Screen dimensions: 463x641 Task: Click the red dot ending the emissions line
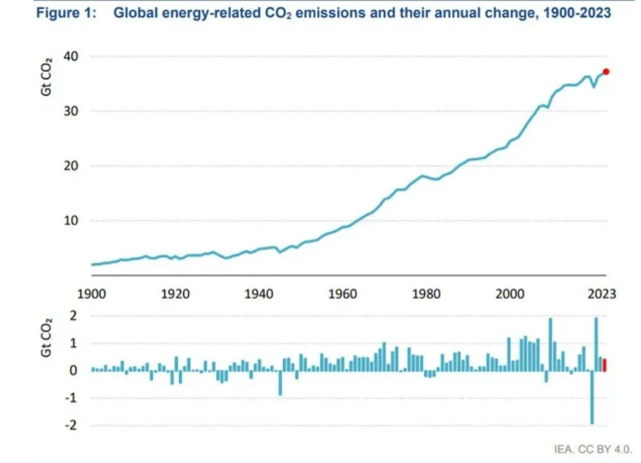point(606,72)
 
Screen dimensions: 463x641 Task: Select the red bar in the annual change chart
point(604,365)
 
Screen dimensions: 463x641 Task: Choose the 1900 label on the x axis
point(91,294)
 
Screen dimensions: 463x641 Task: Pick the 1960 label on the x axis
point(342,294)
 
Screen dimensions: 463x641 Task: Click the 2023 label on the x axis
point(601,294)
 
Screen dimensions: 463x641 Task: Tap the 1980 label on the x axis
point(426,294)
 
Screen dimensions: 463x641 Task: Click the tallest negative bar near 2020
point(591,397)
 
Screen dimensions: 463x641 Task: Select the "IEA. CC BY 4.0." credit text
point(593,448)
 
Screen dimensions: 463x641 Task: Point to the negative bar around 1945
point(280,382)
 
